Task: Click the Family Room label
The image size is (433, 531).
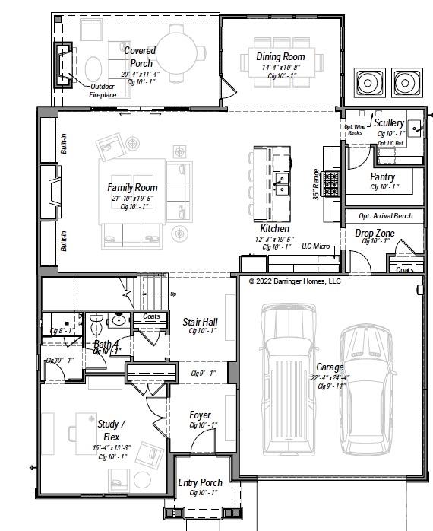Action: pyautogui.click(x=132, y=187)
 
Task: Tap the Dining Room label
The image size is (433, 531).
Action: pyautogui.click(x=280, y=57)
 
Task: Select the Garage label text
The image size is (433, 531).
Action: pyautogui.click(x=330, y=367)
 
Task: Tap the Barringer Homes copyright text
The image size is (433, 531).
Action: pyautogui.click(x=295, y=281)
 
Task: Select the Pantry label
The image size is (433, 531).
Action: pyautogui.click(x=382, y=177)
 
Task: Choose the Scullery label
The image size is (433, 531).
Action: pyautogui.click(x=389, y=123)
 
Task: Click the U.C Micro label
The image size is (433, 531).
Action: pyautogui.click(x=317, y=246)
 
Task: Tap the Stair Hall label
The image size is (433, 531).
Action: pyautogui.click(x=201, y=322)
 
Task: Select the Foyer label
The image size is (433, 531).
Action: pyautogui.click(x=201, y=415)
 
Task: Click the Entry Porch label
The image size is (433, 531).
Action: pyautogui.click(x=201, y=482)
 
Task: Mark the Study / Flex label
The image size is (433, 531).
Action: pyautogui.click(x=112, y=429)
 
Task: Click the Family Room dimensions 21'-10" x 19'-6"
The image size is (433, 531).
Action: pyautogui.click(x=132, y=198)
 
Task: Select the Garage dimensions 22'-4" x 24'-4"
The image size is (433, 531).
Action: pyautogui.click(x=330, y=377)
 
